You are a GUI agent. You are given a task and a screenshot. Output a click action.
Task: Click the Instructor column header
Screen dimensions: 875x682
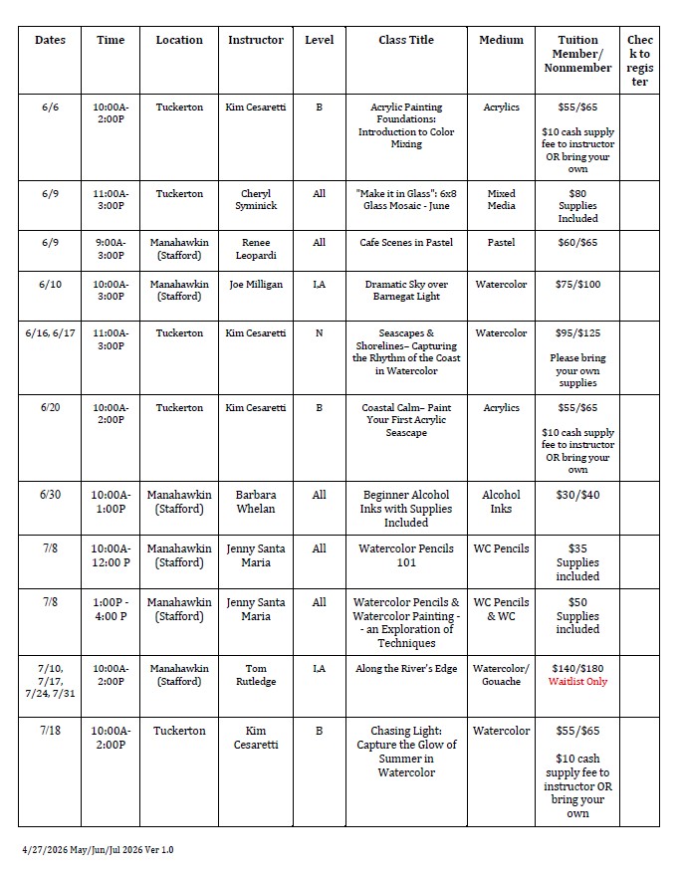(256, 40)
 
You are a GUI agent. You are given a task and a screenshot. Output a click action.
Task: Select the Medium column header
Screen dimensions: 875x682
(501, 40)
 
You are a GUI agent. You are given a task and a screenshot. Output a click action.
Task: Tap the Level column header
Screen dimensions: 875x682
(319, 40)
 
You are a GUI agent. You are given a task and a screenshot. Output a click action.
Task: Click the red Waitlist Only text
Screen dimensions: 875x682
(577, 682)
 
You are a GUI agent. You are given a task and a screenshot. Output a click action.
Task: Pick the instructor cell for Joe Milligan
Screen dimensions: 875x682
(256, 285)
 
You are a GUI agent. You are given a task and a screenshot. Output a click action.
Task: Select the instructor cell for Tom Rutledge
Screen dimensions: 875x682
(256, 675)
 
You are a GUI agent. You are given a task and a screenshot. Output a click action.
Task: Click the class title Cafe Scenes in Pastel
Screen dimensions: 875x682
(406, 242)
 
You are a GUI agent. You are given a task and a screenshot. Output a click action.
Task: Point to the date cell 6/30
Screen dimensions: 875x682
(51, 495)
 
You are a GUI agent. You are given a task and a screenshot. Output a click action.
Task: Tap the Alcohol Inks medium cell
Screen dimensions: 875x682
(501, 502)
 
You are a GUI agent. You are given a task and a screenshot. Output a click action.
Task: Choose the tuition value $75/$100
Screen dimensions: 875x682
(577, 285)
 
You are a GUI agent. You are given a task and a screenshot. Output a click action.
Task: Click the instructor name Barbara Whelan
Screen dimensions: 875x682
(256, 502)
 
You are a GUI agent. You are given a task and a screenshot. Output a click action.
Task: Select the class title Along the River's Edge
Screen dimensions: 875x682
(406, 669)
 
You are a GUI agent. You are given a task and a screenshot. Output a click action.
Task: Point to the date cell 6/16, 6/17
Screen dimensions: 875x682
(51, 333)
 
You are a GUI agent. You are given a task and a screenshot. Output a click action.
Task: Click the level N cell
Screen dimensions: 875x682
(319, 333)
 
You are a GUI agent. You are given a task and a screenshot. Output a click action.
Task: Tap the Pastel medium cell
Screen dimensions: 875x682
(501, 242)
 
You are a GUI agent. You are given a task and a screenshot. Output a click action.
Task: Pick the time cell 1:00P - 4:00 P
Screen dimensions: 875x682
(111, 609)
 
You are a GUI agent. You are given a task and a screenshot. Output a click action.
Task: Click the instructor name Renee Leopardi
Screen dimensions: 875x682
(256, 248)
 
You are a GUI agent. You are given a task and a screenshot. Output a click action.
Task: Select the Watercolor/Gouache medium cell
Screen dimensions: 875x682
(501, 675)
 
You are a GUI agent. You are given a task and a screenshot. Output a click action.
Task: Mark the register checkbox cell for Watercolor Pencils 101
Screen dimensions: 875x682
(639, 561)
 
